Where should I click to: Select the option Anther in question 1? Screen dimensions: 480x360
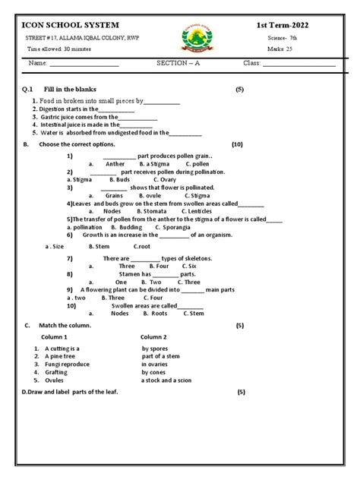point(115,163)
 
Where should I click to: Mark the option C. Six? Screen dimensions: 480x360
point(186,267)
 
